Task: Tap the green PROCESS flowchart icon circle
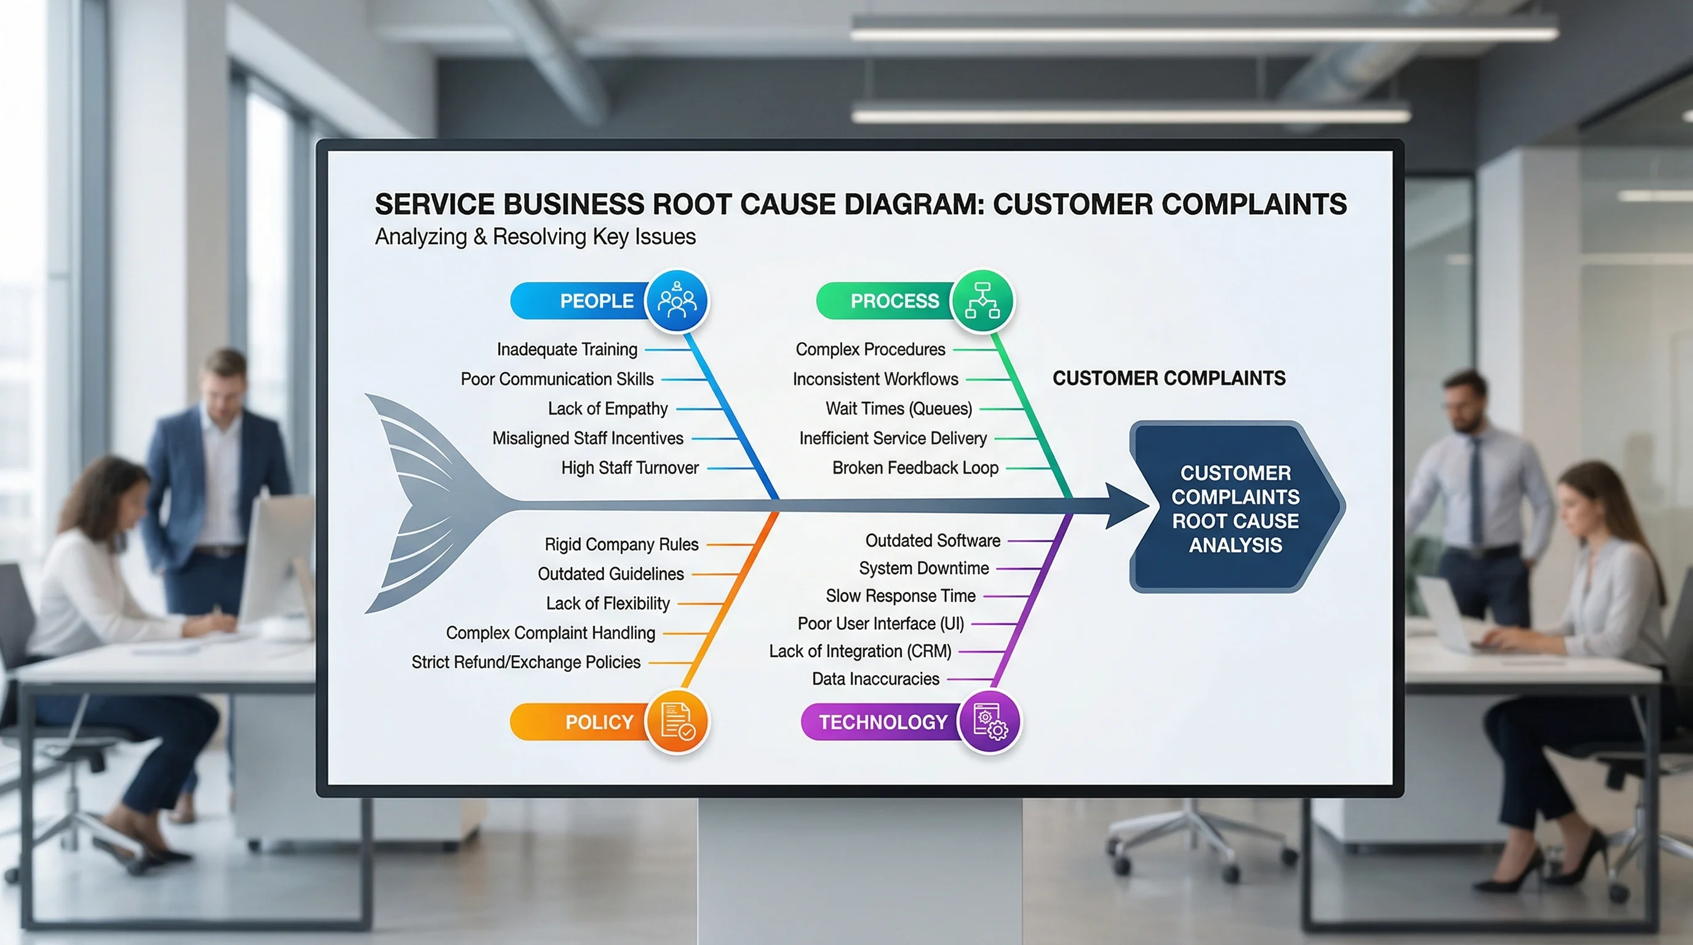point(982,301)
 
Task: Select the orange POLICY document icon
point(677,722)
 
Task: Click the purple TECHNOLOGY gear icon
point(990,722)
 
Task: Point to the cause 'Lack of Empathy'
point(607,409)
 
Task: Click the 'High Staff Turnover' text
point(629,468)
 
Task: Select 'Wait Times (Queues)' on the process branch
point(898,409)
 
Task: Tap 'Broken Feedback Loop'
point(915,468)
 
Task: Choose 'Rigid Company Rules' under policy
point(621,544)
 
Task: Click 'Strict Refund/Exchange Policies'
point(526,662)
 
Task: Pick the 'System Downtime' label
point(923,568)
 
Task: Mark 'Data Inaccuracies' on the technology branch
point(875,679)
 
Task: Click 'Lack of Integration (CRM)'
point(859,652)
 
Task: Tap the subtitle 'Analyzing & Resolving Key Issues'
point(535,237)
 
